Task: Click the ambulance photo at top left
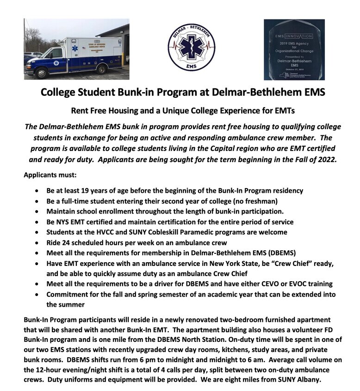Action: pyautogui.click(x=76, y=49)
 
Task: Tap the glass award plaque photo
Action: pyautogui.click(x=294, y=50)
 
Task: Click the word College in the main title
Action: pyautogui.click(x=59, y=92)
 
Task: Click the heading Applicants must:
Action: pyautogui.click(x=45, y=176)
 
